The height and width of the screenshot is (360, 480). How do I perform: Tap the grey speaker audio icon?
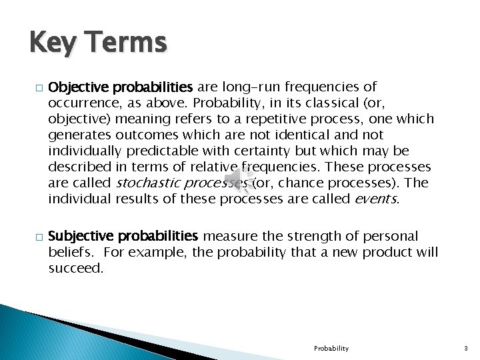(x=235, y=179)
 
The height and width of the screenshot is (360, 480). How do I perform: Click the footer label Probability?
(x=331, y=348)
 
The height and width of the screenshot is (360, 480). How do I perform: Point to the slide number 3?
(x=467, y=348)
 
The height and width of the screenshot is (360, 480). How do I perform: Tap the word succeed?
(x=75, y=268)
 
